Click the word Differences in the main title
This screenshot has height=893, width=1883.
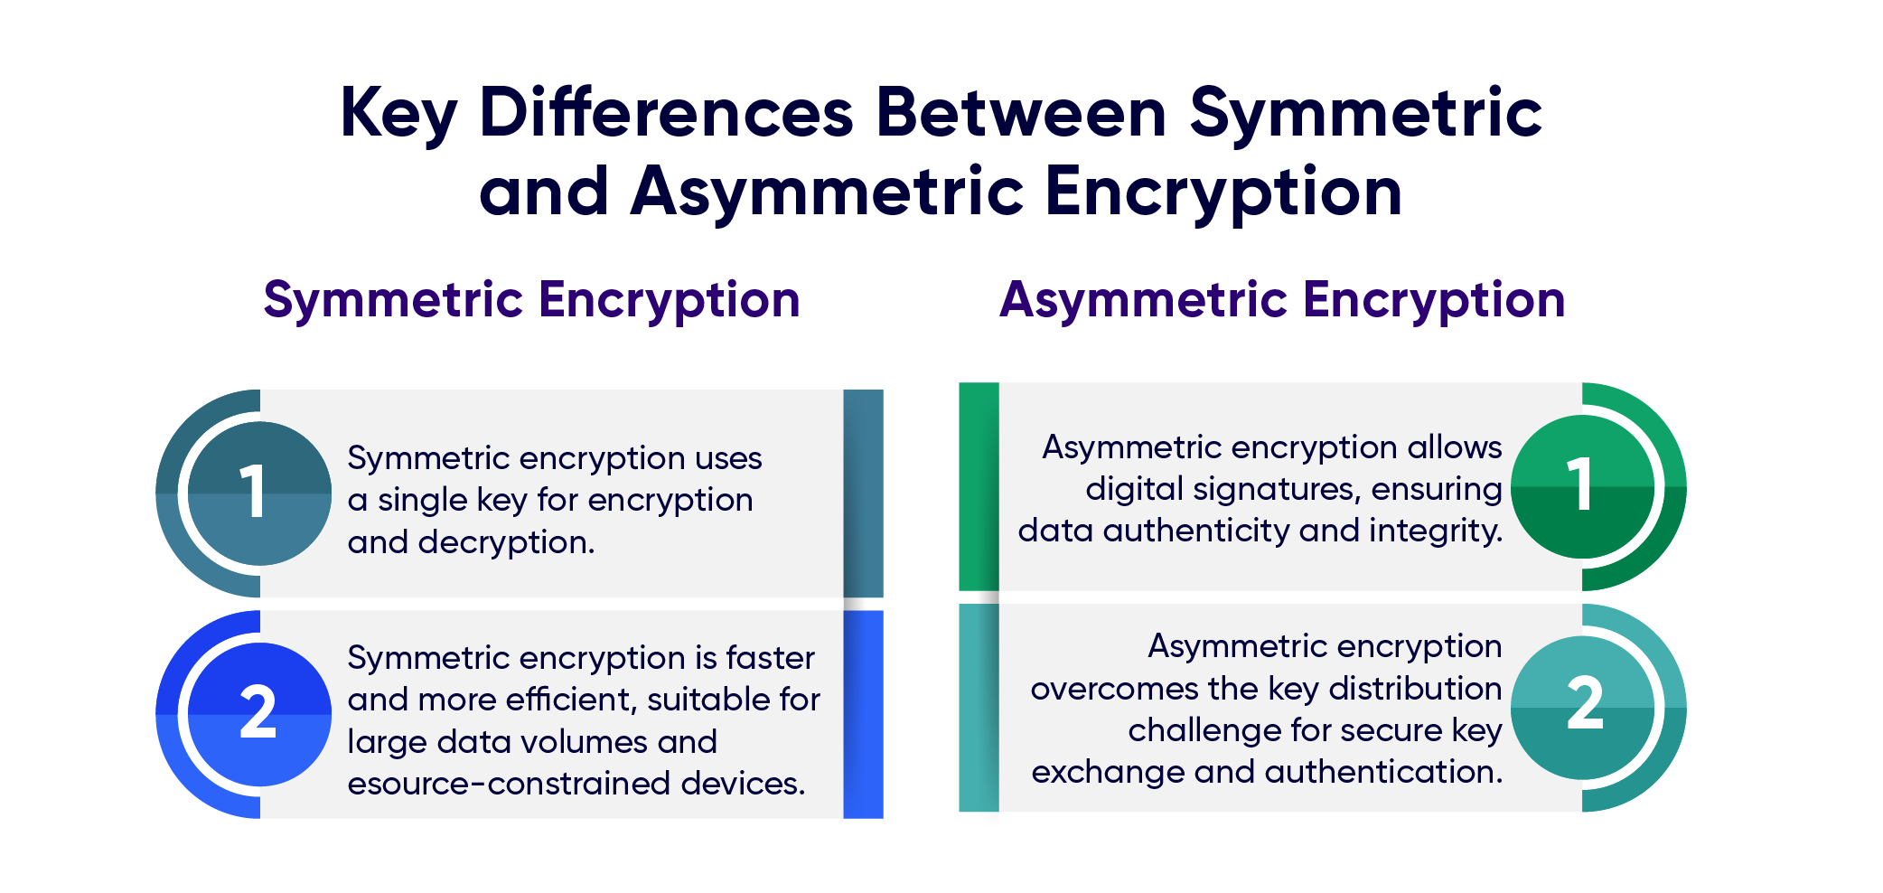pos(666,114)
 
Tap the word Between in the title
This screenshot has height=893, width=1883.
pos(1021,114)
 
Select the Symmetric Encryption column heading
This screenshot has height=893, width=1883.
pos(531,300)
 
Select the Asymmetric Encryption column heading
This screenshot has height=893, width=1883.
pos(1281,300)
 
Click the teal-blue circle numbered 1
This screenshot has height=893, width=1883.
pos(259,493)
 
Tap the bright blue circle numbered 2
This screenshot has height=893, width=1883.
pos(259,714)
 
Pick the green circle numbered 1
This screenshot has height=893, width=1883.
pos(1582,486)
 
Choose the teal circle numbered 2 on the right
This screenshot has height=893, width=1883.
pos(1582,707)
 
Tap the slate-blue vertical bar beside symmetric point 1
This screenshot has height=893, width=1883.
pos(863,493)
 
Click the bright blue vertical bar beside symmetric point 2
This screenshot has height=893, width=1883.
pos(863,714)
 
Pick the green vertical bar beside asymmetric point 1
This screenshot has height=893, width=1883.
pos(979,486)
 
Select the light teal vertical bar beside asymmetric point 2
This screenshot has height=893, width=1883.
pos(979,707)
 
